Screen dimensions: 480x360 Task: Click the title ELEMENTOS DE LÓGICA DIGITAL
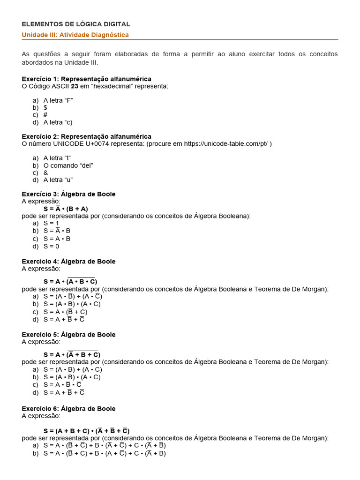click(x=76, y=24)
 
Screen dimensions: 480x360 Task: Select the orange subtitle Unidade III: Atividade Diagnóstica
click(x=75, y=35)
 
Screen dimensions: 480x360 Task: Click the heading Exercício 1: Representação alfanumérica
click(x=86, y=79)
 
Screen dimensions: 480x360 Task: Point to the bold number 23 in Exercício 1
click(x=75, y=86)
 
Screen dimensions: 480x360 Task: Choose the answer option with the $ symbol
click(x=45, y=107)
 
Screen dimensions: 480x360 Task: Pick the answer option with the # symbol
click(x=45, y=114)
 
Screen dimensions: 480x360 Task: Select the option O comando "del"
click(x=68, y=165)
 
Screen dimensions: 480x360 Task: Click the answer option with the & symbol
click(x=45, y=172)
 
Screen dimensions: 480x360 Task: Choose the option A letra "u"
click(x=58, y=180)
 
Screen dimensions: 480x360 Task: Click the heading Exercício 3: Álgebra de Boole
click(x=68, y=194)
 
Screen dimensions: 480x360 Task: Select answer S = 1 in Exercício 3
click(x=52, y=223)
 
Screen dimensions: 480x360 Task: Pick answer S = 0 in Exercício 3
click(x=52, y=246)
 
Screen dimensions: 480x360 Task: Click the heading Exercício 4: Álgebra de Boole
click(x=68, y=261)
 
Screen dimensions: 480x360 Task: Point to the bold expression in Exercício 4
click(x=70, y=281)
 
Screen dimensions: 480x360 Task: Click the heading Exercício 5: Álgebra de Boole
click(x=68, y=334)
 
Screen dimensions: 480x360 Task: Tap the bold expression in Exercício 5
click(x=72, y=354)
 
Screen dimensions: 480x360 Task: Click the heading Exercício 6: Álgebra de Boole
click(x=68, y=408)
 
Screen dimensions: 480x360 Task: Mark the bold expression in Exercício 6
click(x=87, y=430)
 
